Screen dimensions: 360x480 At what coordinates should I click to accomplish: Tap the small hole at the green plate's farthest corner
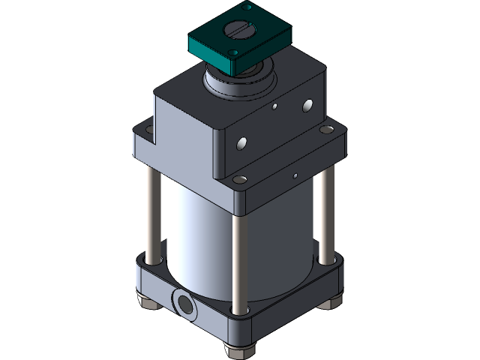(x=245, y=7)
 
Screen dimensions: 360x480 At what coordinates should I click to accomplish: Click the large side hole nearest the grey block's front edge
(x=242, y=142)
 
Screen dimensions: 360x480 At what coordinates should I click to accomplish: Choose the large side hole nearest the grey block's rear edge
(x=306, y=105)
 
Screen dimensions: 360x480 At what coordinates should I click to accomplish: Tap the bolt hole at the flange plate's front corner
(x=240, y=180)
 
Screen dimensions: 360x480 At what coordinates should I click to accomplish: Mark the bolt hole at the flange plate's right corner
(x=328, y=132)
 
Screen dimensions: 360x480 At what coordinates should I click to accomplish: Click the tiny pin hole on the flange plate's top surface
(x=295, y=176)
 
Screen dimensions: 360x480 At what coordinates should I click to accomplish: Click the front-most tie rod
(x=238, y=255)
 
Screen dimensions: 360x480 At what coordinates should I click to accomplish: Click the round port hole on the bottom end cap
(x=183, y=303)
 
